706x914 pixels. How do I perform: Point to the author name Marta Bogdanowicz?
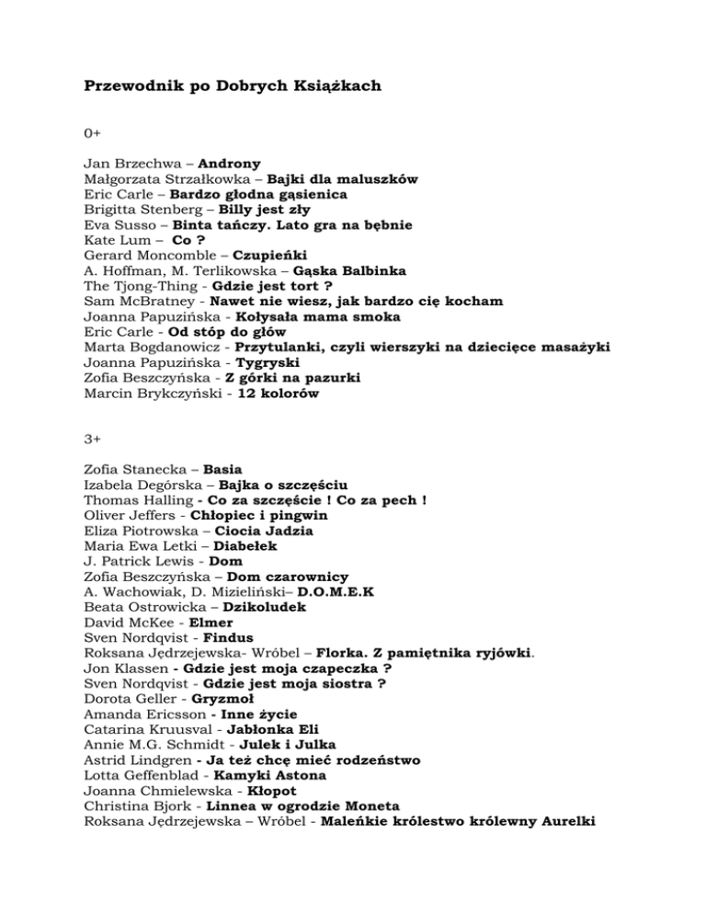(151, 346)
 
